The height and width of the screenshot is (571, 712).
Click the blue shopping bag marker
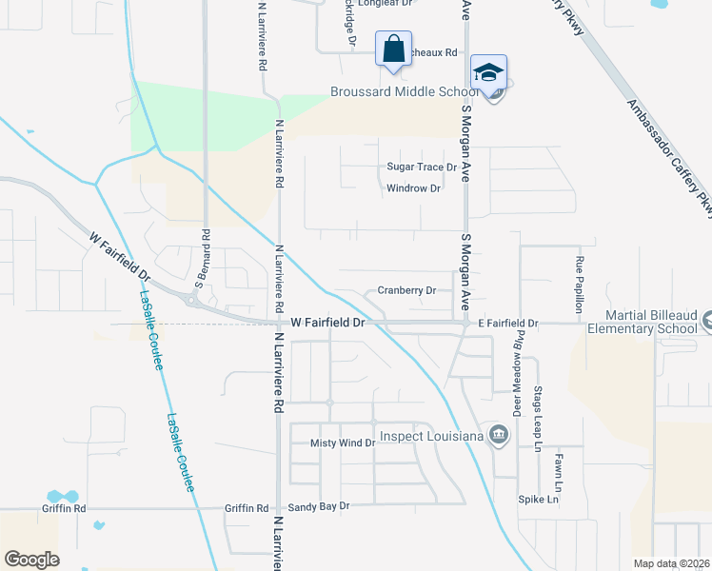pos(393,49)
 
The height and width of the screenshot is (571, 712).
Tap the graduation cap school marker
pos(487,73)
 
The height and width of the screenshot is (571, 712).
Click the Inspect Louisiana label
pos(431,437)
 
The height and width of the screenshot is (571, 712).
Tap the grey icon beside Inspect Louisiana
pos(498,437)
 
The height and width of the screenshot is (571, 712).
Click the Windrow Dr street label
pos(413,188)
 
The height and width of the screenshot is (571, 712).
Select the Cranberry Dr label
pos(406,290)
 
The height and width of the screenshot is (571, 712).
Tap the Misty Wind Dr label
pos(344,443)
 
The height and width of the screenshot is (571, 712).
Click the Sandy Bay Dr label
pos(320,507)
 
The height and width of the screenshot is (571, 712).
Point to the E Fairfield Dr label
pos(508,325)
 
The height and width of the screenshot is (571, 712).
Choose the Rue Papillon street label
pos(579,285)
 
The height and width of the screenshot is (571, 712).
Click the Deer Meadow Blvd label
pos(520,364)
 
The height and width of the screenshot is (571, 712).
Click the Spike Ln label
pos(538,500)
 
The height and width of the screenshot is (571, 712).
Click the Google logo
pos(31,559)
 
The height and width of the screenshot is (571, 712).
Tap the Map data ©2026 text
pos(671,563)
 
